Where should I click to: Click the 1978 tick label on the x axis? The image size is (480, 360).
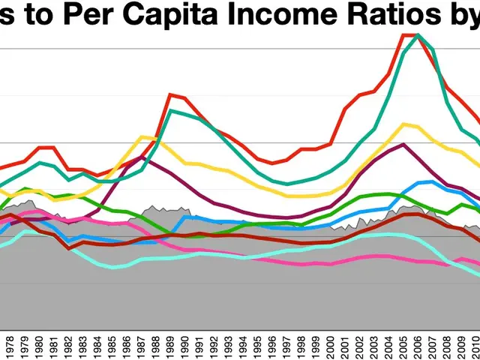pos(9,347)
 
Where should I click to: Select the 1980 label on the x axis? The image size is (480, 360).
pos(37,347)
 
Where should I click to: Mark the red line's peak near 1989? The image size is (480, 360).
pos(171,94)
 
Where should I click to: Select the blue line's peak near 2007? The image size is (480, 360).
pos(429,181)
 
